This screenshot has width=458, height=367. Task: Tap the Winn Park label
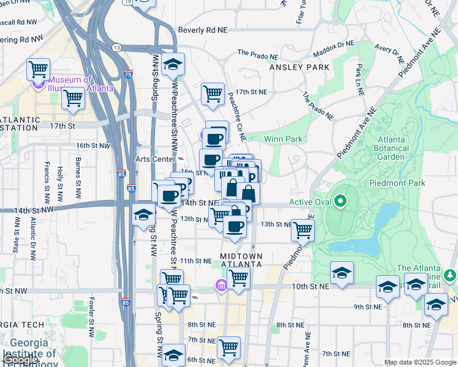coord(283,139)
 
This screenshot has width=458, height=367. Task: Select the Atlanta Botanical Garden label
coord(388,148)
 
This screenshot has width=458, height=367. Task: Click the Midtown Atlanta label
coord(241,259)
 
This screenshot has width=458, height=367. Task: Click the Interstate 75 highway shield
coord(127,74)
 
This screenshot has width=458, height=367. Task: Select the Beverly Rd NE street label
coord(202,29)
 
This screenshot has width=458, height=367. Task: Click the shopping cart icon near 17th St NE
coord(212,94)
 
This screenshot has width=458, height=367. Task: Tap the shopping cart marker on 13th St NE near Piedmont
coord(302,230)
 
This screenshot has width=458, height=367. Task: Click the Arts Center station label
coord(154,159)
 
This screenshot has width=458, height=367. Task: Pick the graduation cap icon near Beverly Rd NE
coord(173,64)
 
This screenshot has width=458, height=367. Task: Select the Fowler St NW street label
coord(91,311)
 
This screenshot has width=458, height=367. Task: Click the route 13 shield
coord(116,47)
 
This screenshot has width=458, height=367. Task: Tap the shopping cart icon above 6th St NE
coord(229,347)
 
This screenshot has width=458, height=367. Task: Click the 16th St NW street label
coord(91,146)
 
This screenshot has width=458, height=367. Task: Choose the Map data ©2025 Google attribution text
coord(421,362)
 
